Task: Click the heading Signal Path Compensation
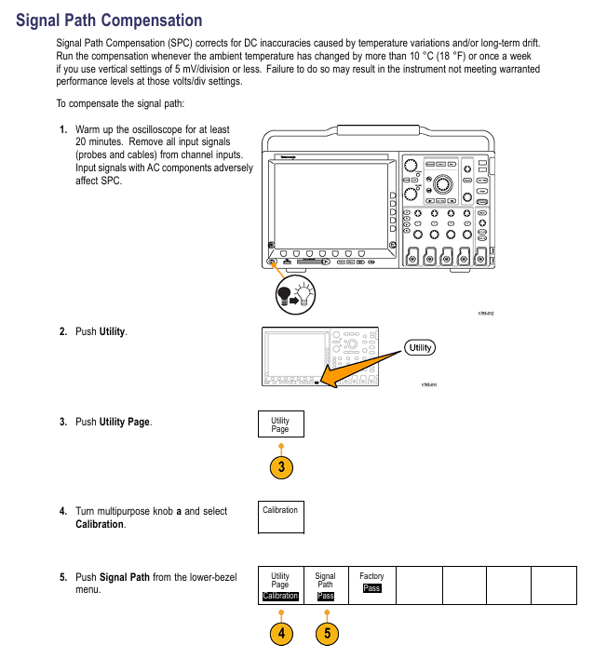click(x=109, y=20)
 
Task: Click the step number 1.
click(x=62, y=130)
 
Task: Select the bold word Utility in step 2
click(x=113, y=331)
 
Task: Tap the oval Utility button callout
click(x=421, y=347)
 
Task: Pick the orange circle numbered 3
click(x=280, y=467)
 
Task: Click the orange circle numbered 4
click(x=280, y=634)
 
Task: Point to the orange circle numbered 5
click(x=326, y=634)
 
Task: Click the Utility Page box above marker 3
click(x=280, y=425)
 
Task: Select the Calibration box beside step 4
click(x=280, y=517)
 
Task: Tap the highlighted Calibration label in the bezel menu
click(x=280, y=597)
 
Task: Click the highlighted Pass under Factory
click(x=371, y=588)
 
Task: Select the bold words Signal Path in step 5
click(x=124, y=577)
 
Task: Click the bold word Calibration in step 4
click(x=100, y=524)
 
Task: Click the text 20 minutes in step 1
click(x=95, y=142)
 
